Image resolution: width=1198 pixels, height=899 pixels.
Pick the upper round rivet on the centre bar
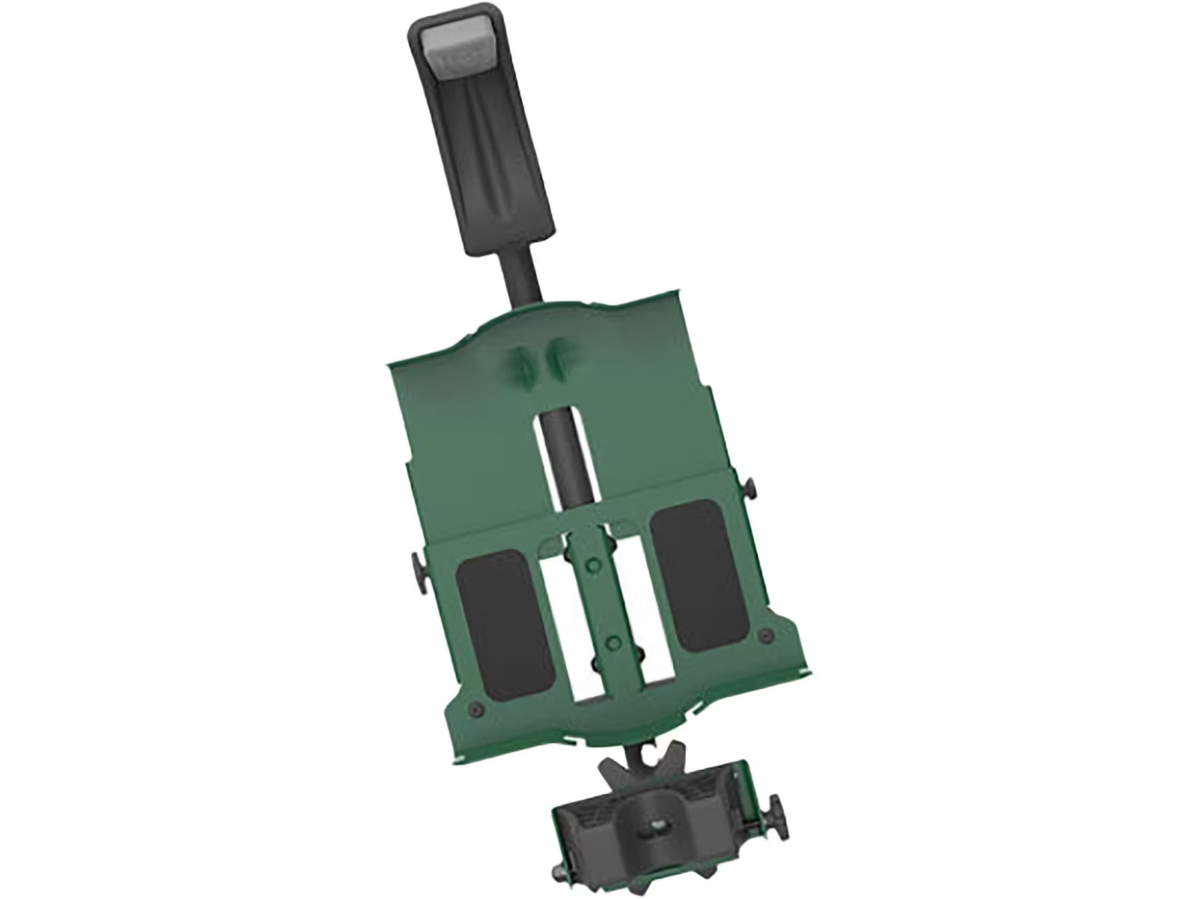tap(593, 563)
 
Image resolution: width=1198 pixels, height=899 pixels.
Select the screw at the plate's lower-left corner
tap(474, 708)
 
